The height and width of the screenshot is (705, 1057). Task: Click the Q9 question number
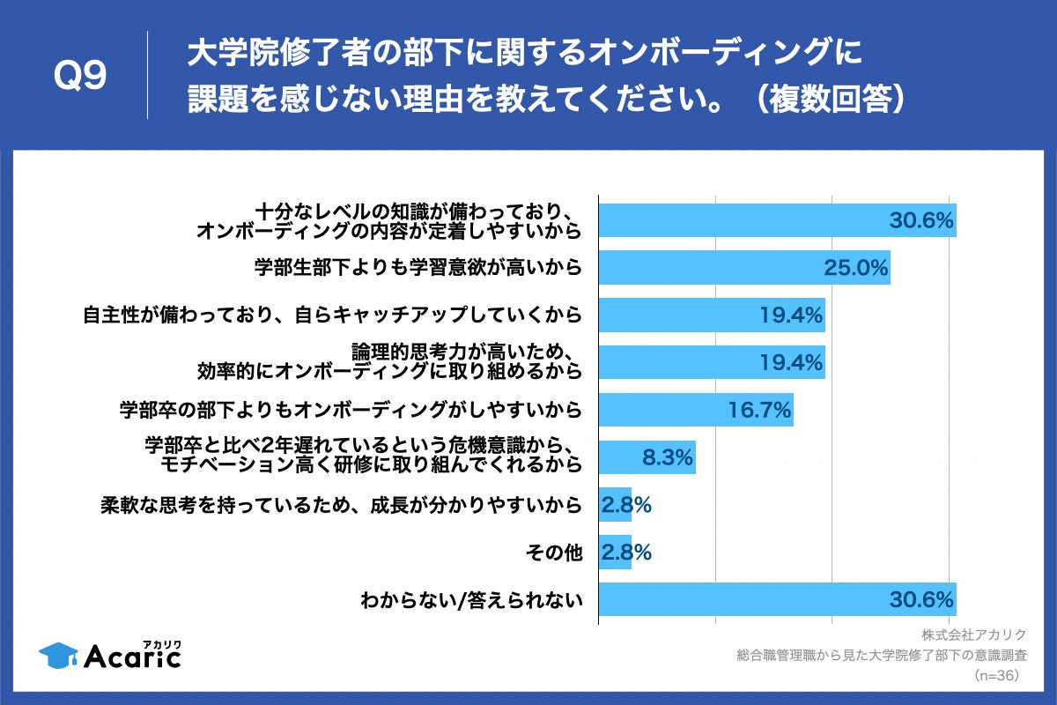tap(80, 77)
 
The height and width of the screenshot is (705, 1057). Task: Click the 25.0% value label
tap(854, 268)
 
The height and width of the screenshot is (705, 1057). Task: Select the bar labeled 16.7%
tap(696, 410)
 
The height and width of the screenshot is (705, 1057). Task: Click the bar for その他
tap(615, 553)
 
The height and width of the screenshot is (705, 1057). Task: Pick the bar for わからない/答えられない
tap(777, 600)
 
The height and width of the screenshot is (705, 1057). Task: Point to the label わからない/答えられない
tap(472, 601)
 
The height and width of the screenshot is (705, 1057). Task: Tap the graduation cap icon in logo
tap(58, 654)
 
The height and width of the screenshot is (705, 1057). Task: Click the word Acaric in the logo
tap(132, 656)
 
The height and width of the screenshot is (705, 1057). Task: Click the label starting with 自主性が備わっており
tap(332, 315)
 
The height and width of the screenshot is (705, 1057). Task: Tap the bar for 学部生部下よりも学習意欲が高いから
tap(744, 268)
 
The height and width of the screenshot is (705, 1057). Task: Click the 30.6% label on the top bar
tap(920, 220)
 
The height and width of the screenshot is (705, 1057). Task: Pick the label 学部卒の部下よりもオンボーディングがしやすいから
tap(351, 410)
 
